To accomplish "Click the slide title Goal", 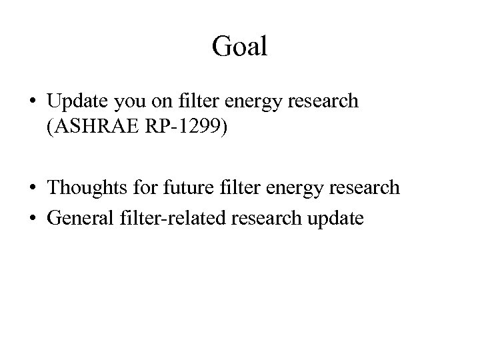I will click(x=239, y=46).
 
